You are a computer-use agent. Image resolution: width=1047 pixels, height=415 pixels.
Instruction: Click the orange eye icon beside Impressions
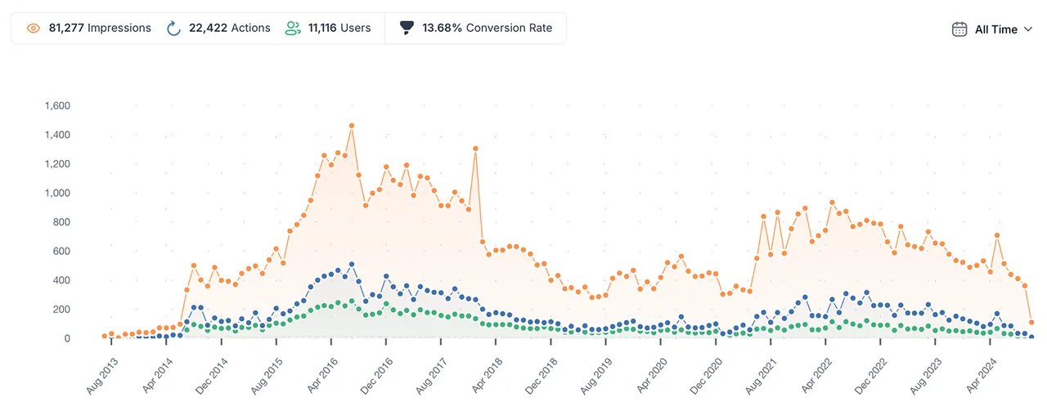[x=34, y=29]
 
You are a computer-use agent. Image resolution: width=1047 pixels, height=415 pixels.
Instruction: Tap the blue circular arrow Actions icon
[x=173, y=28]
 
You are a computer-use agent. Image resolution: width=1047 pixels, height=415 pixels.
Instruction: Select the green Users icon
[x=293, y=28]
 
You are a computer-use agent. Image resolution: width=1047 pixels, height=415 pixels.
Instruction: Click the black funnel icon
[x=407, y=28]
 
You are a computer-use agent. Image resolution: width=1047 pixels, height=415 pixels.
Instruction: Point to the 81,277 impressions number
[x=66, y=28]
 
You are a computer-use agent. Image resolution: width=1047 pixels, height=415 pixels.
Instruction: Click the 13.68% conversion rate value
[x=442, y=28]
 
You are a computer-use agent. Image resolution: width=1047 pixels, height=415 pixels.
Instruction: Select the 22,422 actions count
[x=208, y=28]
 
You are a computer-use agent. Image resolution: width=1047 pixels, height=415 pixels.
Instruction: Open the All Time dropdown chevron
[x=1028, y=29]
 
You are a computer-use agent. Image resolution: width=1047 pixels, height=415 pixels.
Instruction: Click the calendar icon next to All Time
[x=959, y=29]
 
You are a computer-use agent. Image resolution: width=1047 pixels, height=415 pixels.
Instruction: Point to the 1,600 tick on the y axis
[x=57, y=105]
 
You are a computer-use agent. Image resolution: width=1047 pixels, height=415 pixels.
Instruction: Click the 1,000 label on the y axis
[x=57, y=193]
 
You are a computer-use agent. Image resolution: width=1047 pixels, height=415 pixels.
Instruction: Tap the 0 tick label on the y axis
[x=67, y=338]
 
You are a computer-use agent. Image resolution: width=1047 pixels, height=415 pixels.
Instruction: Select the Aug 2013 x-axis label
[x=102, y=377]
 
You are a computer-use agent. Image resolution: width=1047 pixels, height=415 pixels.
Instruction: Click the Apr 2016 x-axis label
[x=322, y=376]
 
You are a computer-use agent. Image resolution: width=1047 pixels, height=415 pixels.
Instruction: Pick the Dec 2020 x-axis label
[x=706, y=377]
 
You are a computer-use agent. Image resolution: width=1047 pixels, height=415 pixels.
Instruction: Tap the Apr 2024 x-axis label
[x=981, y=376]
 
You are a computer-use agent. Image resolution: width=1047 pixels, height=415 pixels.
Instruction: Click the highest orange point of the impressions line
[x=352, y=126]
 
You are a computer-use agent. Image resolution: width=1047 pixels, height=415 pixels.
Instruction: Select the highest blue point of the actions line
[x=352, y=264]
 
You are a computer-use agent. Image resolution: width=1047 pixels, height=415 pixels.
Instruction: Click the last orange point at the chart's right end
[x=1031, y=322]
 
